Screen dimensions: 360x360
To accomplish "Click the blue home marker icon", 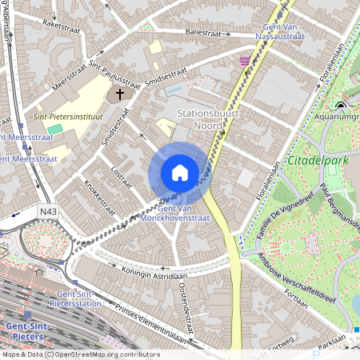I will (180, 173).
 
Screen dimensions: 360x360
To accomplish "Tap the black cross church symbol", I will (121, 94).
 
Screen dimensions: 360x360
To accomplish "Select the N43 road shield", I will (47, 211).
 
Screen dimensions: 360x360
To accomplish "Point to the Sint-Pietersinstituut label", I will (66, 116).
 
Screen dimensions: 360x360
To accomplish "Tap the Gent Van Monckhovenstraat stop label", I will (174, 213).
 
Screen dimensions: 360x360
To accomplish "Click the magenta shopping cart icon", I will (244, 61).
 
